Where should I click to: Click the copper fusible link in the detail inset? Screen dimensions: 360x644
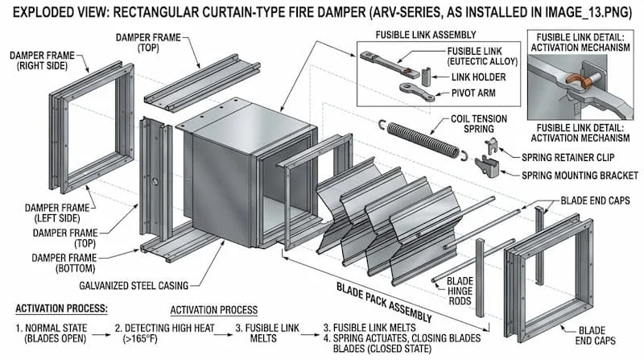[575, 81]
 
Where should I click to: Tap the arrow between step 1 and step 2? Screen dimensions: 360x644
[101, 328]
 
